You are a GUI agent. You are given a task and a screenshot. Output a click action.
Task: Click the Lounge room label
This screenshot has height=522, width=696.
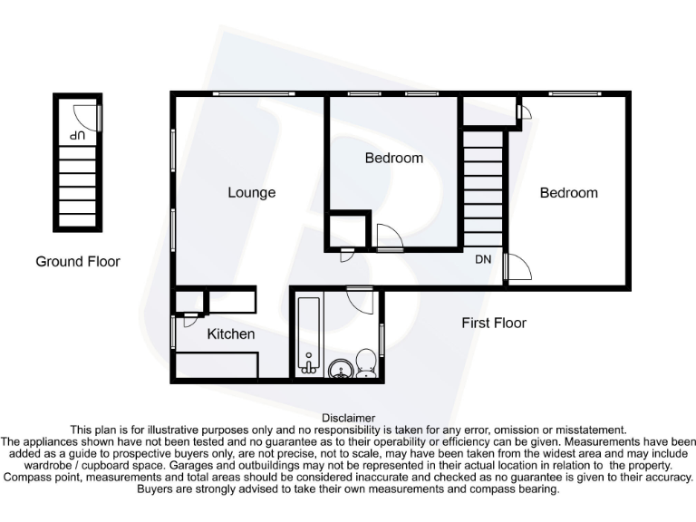pos(251,192)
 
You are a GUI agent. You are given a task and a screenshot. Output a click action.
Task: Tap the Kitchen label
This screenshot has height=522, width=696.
pos(231,334)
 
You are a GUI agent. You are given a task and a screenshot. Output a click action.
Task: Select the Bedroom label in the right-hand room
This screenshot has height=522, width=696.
pos(569,192)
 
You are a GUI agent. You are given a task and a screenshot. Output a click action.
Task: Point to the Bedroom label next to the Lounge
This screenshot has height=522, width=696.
pos(394,158)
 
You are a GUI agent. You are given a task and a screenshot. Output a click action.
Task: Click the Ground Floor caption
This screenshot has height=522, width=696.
pos(78,262)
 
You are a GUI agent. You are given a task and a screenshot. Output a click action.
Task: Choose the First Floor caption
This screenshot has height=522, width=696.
pos(494,323)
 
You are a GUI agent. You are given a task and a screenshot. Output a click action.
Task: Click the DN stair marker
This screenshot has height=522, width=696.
pos(484,259)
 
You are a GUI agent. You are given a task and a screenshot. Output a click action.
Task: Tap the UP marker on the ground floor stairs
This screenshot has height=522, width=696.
pos(78,134)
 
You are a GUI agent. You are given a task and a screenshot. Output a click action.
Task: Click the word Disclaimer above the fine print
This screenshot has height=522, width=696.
pos(348,417)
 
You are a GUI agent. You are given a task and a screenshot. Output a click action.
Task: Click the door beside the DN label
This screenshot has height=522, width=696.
pos(517,267)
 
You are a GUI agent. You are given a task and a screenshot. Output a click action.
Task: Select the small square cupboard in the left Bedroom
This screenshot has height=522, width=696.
pos(345,229)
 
